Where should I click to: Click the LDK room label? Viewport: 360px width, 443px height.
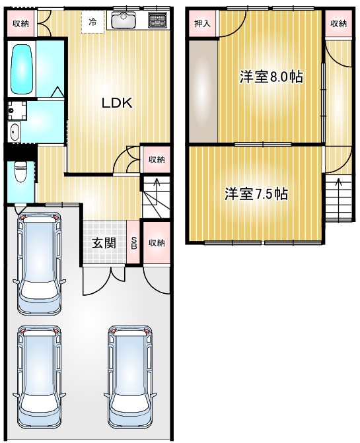[x=117, y=103]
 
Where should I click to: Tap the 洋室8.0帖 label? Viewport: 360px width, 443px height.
[x=271, y=77]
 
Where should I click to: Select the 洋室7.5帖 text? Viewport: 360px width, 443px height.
[x=256, y=194]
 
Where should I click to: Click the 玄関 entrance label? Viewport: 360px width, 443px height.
[x=104, y=243]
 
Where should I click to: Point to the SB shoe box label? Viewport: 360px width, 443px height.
[x=134, y=243]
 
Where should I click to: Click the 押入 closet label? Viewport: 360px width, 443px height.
[x=203, y=24]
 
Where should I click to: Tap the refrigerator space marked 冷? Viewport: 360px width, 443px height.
[x=92, y=22]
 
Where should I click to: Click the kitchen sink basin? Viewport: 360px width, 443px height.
[x=124, y=20]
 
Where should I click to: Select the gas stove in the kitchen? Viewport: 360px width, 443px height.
[x=158, y=20]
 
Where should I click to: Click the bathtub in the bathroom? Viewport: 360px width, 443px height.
[x=21, y=69]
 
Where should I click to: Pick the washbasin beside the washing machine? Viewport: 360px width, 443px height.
[x=14, y=132]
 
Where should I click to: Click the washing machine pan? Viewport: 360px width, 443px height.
[x=17, y=111]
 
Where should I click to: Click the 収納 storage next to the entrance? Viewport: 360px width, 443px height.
[x=157, y=242]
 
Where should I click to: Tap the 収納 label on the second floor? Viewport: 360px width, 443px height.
[x=338, y=24]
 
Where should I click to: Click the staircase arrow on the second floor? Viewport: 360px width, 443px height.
[x=338, y=198]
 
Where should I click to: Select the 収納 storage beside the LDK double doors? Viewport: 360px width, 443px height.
[x=157, y=159]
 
